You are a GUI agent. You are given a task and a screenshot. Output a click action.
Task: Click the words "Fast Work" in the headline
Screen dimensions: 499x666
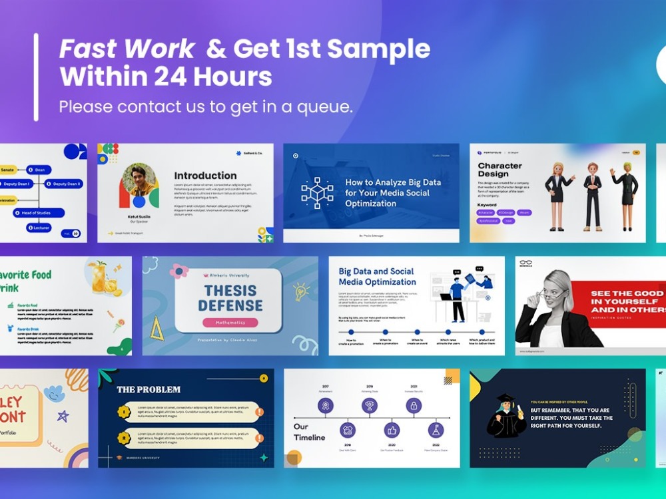click(127, 49)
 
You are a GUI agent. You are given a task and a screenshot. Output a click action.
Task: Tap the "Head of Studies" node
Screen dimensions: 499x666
click(45, 213)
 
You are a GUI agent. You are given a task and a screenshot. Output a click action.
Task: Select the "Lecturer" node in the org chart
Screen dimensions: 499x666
click(41, 228)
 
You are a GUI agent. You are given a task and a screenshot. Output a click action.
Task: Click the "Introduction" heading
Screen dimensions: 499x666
click(205, 176)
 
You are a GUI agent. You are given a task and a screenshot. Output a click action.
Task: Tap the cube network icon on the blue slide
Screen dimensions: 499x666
click(317, 193)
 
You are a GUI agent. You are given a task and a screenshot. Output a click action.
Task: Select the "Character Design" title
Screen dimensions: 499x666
click(499, 170)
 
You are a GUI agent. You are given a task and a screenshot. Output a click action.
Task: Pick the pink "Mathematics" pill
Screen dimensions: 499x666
click(230, 323)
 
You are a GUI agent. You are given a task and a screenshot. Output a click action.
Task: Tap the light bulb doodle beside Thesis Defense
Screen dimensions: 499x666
click(301, 291)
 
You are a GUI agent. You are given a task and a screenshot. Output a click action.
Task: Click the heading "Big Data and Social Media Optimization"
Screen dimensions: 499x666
click(377, 277)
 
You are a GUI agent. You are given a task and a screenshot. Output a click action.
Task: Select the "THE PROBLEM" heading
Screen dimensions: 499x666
click(149, 389)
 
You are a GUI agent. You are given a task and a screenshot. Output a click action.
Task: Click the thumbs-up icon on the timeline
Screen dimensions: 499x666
click(392, 430)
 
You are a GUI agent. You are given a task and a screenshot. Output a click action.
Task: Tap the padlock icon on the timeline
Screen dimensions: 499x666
click(414, 405)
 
